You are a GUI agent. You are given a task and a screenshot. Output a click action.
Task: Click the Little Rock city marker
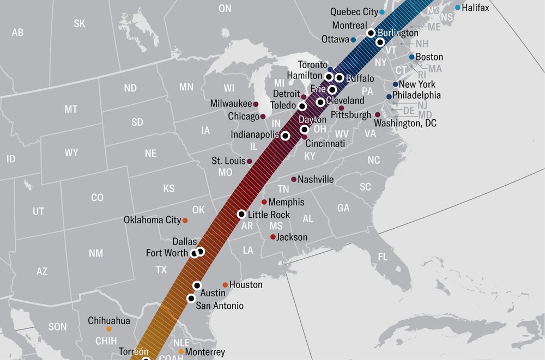tap(241, 214)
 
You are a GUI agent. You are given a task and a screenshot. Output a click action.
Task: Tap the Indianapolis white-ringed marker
tap(285, 136)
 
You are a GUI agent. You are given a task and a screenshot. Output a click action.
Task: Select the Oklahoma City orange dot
tap(185, 220)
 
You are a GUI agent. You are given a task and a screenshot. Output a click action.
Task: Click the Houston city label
tap(245, 285)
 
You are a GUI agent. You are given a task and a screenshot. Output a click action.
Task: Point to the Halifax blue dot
tap(457, 8)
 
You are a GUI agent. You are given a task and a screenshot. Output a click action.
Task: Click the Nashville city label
tap(316, 179)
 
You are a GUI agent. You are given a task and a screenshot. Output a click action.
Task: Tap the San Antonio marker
tap(191, 298)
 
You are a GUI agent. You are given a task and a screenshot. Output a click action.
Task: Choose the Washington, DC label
tap(405, 124)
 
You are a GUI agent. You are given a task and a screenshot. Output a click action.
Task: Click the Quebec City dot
tap(381, 12)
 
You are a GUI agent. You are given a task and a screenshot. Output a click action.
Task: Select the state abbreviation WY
tap(71, 152)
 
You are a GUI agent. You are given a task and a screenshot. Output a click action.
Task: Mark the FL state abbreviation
tap(383, 257)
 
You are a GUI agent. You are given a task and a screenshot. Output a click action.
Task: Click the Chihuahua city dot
tap(108, 329)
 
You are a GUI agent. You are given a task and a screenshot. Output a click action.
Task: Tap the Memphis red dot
tap(264, 202)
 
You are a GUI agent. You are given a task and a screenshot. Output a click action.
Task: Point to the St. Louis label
tap(228, 161)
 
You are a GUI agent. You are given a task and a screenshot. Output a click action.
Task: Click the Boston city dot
tap(411, 57)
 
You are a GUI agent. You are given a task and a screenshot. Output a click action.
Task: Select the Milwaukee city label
tap(231, 103)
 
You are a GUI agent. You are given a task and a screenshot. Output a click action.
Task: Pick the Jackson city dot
tap(273, 237)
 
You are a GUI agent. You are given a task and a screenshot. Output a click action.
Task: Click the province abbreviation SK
tap(80, 23)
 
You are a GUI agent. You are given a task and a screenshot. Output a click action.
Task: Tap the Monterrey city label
tap(205, 352)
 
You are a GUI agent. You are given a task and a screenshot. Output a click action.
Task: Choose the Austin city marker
tap(197, 285)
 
